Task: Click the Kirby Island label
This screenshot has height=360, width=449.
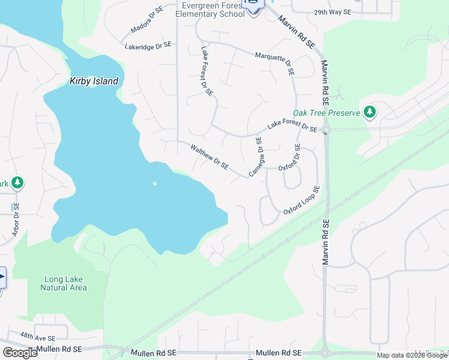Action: click(x=94, y=81)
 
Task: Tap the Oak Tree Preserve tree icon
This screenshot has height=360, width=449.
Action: click(x=370, y=112)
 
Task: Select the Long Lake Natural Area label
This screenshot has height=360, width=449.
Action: click(x=64, y=283)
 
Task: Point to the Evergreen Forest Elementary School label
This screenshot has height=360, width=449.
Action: click(x=214, y=9)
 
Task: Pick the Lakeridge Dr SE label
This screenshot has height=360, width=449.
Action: click(x=148, y=46)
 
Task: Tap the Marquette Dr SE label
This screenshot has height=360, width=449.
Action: click(x=276, y=61)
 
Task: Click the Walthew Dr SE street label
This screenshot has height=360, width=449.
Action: click(x=209, y=156)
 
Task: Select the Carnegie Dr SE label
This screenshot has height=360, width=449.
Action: click(x=256, y=157)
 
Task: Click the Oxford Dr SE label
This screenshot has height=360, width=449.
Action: click(x=297, y=156)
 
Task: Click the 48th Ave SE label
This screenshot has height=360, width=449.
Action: click(x=37, y=338)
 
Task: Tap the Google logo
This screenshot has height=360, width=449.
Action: click(x=20, y=353)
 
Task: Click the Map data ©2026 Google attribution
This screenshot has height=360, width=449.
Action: click(x=412, y=355)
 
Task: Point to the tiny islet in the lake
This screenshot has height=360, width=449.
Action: click(x=155, y=184)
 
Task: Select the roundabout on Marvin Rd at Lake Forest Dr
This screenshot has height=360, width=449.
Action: click(x=325, y=130)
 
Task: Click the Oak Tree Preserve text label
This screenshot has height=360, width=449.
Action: click(x=327, y=113)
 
